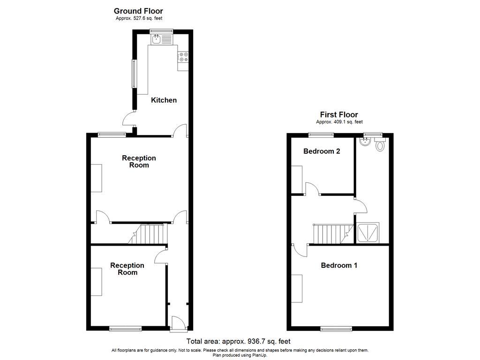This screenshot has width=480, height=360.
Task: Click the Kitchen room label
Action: (x=164, y=100)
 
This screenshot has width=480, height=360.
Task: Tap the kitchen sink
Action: (x=156, y=39)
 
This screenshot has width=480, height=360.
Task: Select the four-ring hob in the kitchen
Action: (x=183, y=57)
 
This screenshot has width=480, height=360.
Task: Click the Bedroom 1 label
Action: (x=339, y=265)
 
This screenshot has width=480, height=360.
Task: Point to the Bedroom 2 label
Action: (x=322, y=151)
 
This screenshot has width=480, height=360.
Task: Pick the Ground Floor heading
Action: (x=138, y=11)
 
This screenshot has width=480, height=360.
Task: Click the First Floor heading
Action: (x=339, y=114)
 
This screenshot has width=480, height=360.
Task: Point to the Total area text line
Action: (x=241, y=341)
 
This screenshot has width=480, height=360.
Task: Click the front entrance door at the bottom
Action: (x=178, y=324)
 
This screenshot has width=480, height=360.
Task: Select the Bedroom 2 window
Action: (x=322, y=135)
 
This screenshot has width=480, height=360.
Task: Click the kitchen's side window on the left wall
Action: (x=134, y=74)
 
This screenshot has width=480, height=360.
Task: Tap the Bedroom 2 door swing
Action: (x=313, y=188)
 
